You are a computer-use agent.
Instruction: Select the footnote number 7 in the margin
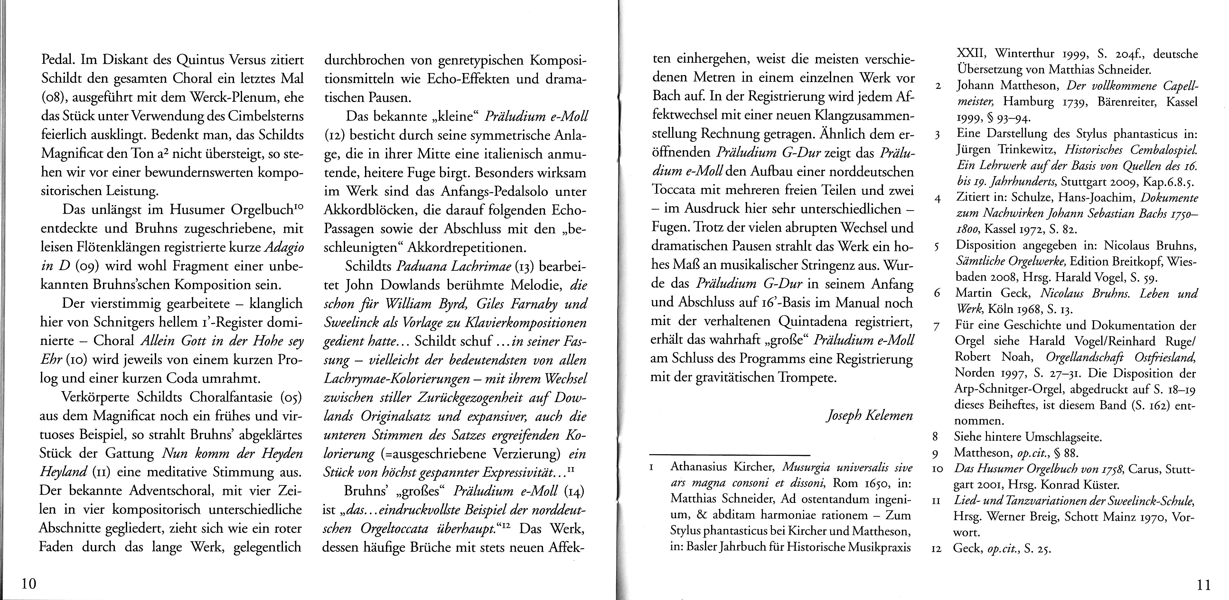936,327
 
